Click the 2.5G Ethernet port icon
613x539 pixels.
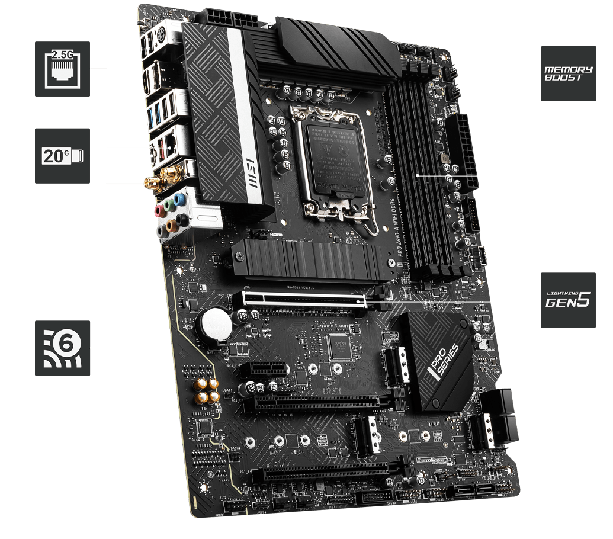pos(62,69)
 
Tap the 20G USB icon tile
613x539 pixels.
pos(62,156)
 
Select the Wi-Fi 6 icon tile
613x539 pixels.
pos(62,348)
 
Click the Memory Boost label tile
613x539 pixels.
pos(568,73)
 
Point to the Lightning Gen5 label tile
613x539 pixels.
pos(568,300)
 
